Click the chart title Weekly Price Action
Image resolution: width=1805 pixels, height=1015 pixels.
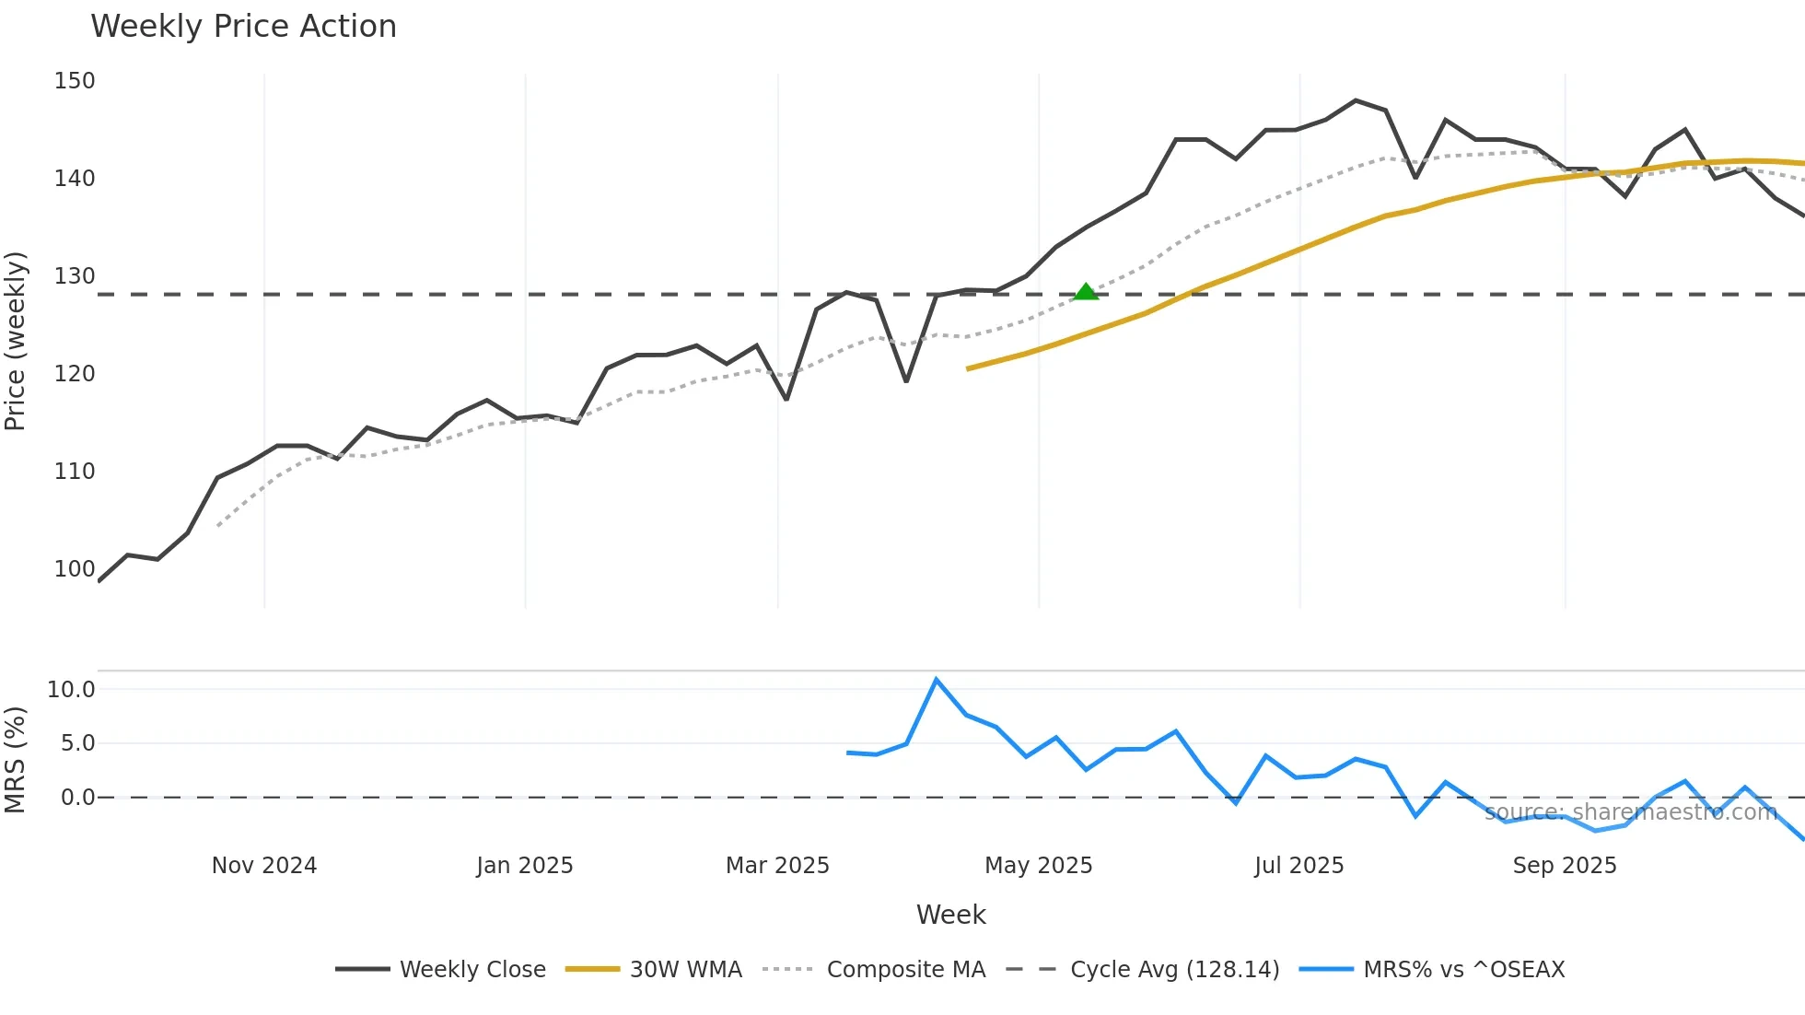point(243,27)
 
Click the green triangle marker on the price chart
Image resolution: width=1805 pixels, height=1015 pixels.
point(1086,292)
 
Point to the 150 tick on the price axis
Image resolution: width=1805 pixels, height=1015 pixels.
point(75,81)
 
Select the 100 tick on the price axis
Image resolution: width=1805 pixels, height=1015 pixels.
point(75,569)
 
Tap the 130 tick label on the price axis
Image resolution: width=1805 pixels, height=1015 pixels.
point(75,276)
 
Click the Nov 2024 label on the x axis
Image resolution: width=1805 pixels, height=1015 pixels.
point(264,866)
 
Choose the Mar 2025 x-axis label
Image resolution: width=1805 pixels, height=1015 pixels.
point(777,866)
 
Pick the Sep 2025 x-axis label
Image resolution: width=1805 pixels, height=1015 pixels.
point(1565,866)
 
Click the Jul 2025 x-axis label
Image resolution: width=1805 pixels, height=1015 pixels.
point(1298,866)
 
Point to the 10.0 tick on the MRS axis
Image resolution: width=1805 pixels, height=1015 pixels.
point(71,690)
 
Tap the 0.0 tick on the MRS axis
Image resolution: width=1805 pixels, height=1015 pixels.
point(77,798)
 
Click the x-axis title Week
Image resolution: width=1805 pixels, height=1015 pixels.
point(950,915)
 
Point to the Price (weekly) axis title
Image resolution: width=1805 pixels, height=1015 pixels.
point(16,341)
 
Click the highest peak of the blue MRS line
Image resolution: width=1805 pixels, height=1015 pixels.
point(937,680)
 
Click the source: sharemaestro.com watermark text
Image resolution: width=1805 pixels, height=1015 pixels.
point(1630,812)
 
